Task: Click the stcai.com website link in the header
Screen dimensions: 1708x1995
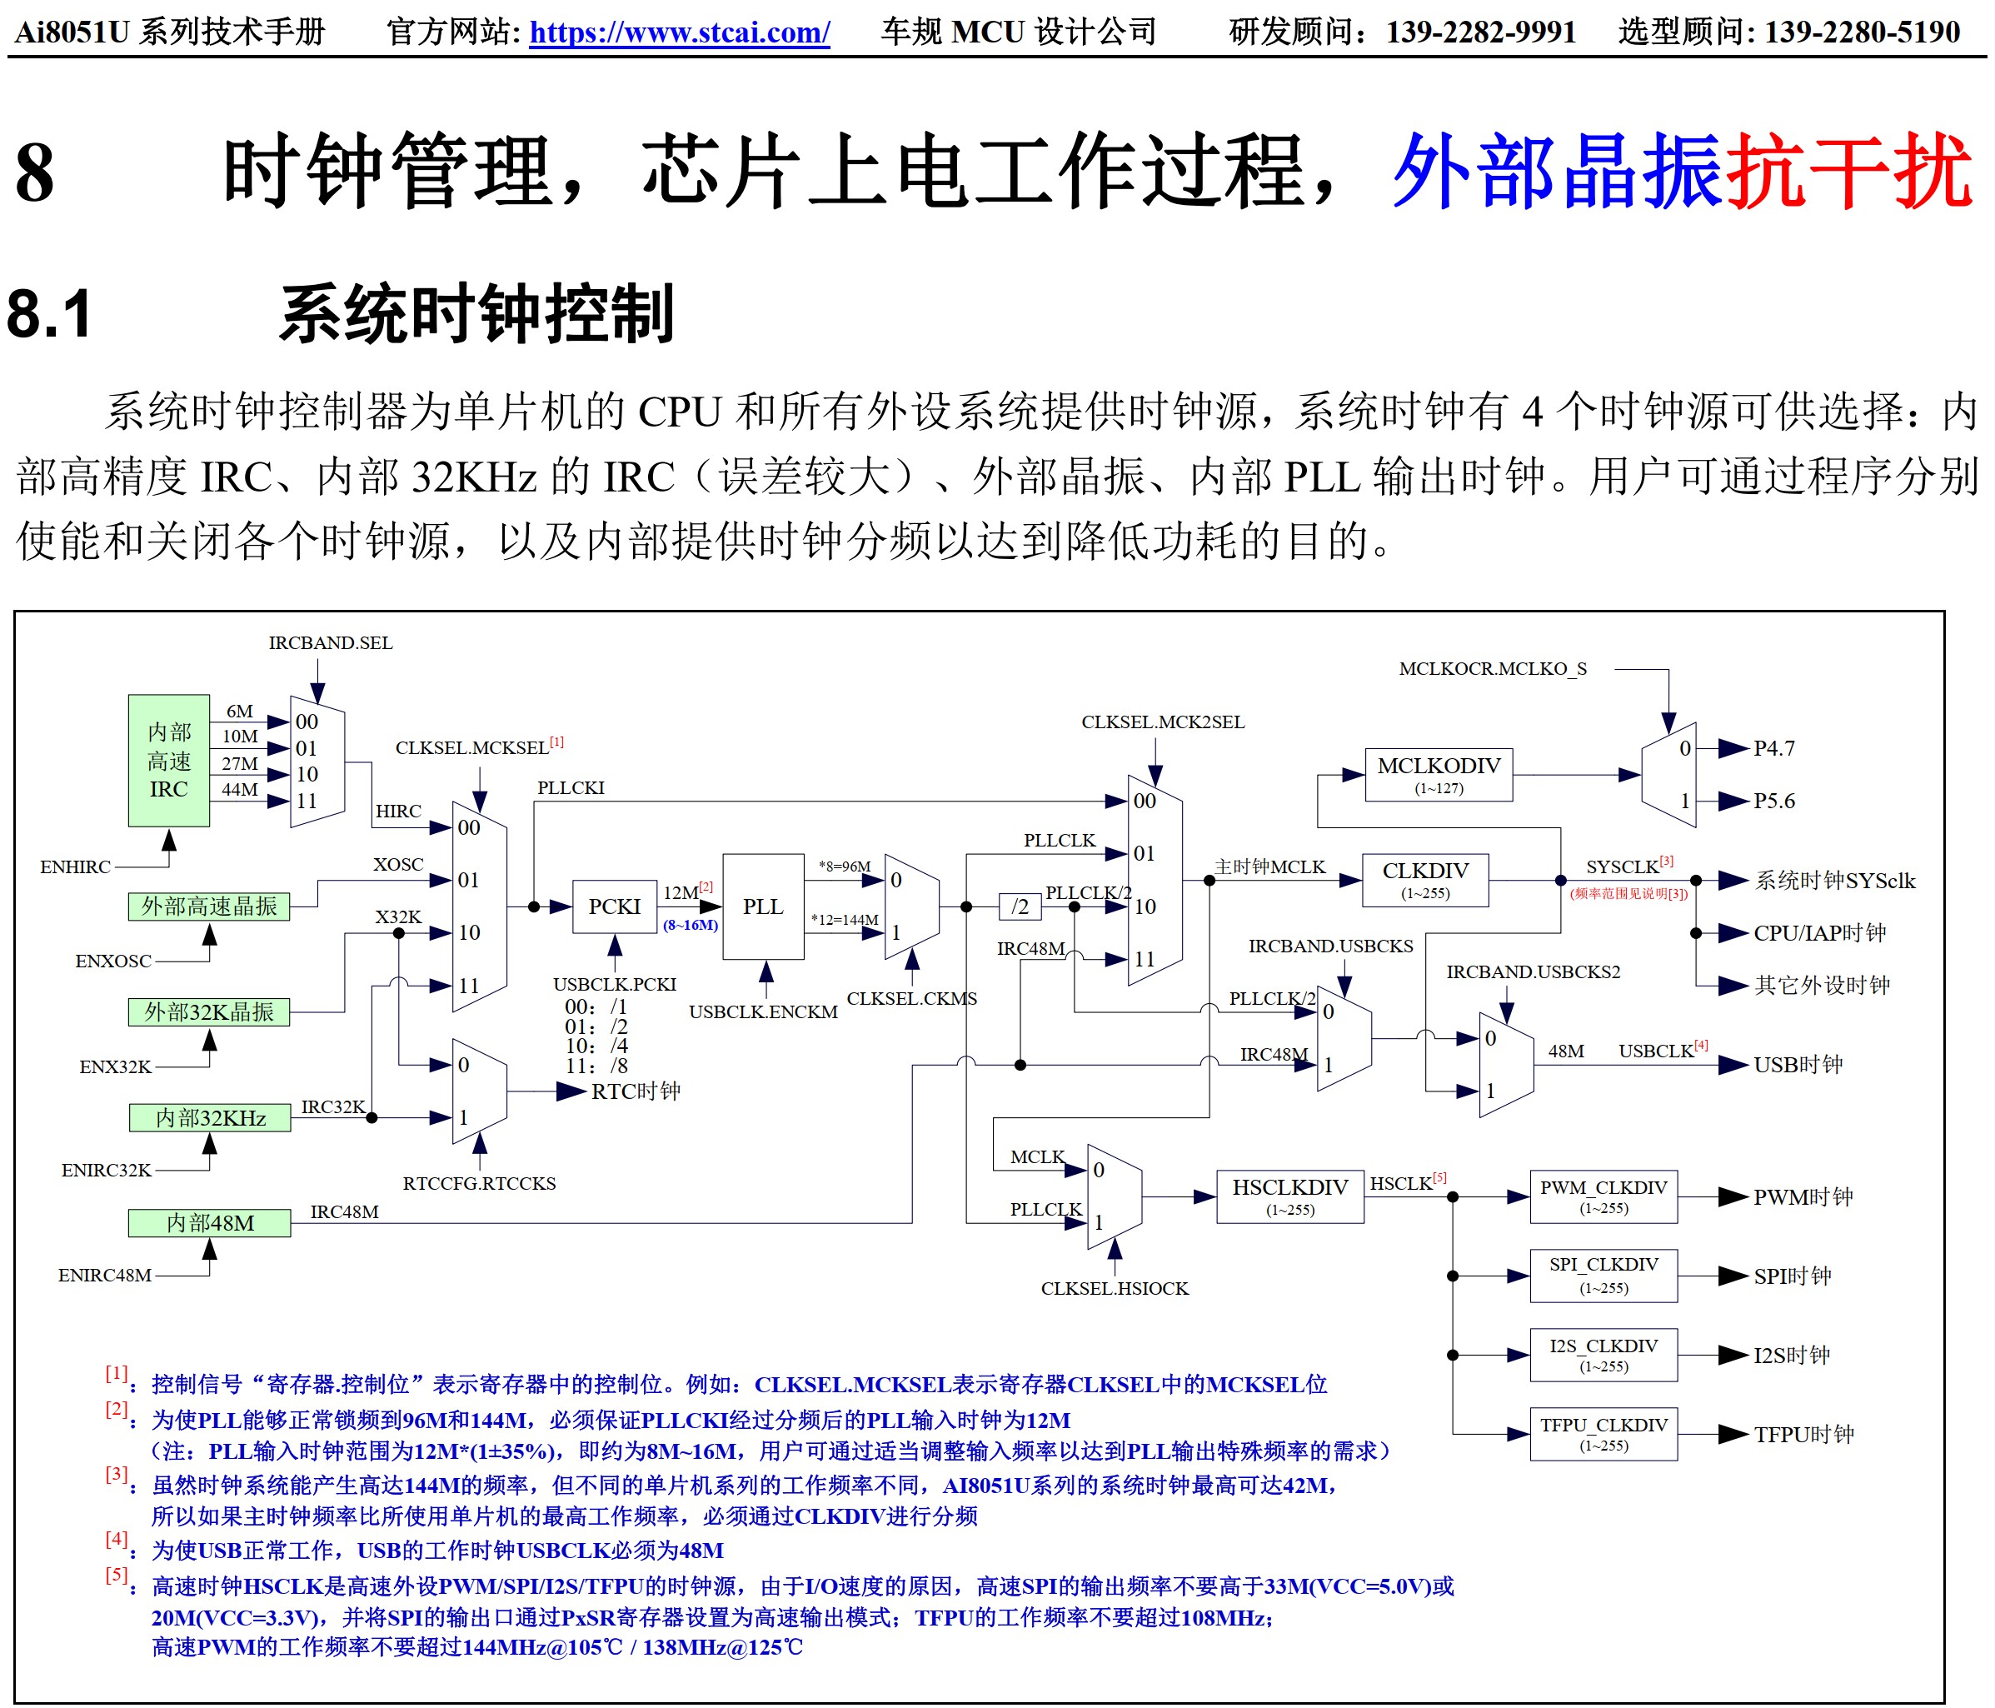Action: tap(679, 32)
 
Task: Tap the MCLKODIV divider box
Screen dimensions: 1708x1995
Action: tap(1439, 774)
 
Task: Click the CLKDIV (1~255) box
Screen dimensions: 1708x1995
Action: tap(1425, 879)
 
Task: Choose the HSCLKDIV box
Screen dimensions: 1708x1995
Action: tap(1289, 1196)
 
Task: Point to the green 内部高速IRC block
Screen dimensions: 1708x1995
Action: tap(168, 761)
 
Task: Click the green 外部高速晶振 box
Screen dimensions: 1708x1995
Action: tap(209, 906)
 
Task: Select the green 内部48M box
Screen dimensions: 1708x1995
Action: tap(209, 1223)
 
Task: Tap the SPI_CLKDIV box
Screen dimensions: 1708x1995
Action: tap(1603, 1275)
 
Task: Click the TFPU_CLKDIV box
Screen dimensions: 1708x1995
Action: tap(1603, 1434)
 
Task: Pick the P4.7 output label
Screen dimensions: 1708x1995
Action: tap(1773, 748)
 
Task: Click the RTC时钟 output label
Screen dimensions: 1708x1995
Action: tap(636, 1091)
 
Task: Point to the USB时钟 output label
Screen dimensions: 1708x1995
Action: tap(1798, 1065)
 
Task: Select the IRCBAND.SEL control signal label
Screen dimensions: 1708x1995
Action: tap(330, 643)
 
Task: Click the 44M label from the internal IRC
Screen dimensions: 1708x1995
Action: tap(240, 790)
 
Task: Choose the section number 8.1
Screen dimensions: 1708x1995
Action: tap(50, 314)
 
